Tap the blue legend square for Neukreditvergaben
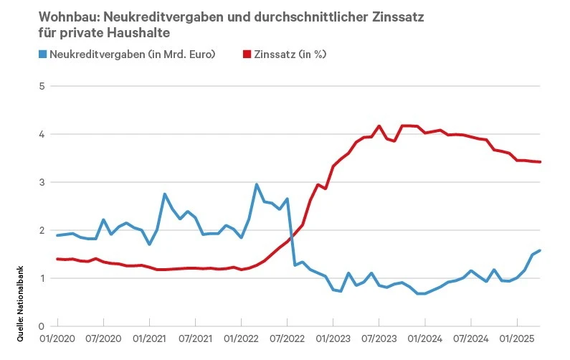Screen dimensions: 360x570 point(43,55)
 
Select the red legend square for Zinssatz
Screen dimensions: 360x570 point(248,55)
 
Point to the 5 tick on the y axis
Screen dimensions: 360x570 point(42,86)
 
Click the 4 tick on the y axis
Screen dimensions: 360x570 point(42,134)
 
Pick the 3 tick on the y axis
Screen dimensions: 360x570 point(42,182)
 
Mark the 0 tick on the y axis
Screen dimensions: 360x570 point(42,326)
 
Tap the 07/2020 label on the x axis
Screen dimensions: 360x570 point(102,336)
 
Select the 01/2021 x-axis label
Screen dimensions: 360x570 point(148,336)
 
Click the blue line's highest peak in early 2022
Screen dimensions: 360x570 point(257,185)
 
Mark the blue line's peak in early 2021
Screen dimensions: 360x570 point(165,194)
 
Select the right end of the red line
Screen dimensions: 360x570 point(540,162)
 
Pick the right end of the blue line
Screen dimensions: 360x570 point(540,250)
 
